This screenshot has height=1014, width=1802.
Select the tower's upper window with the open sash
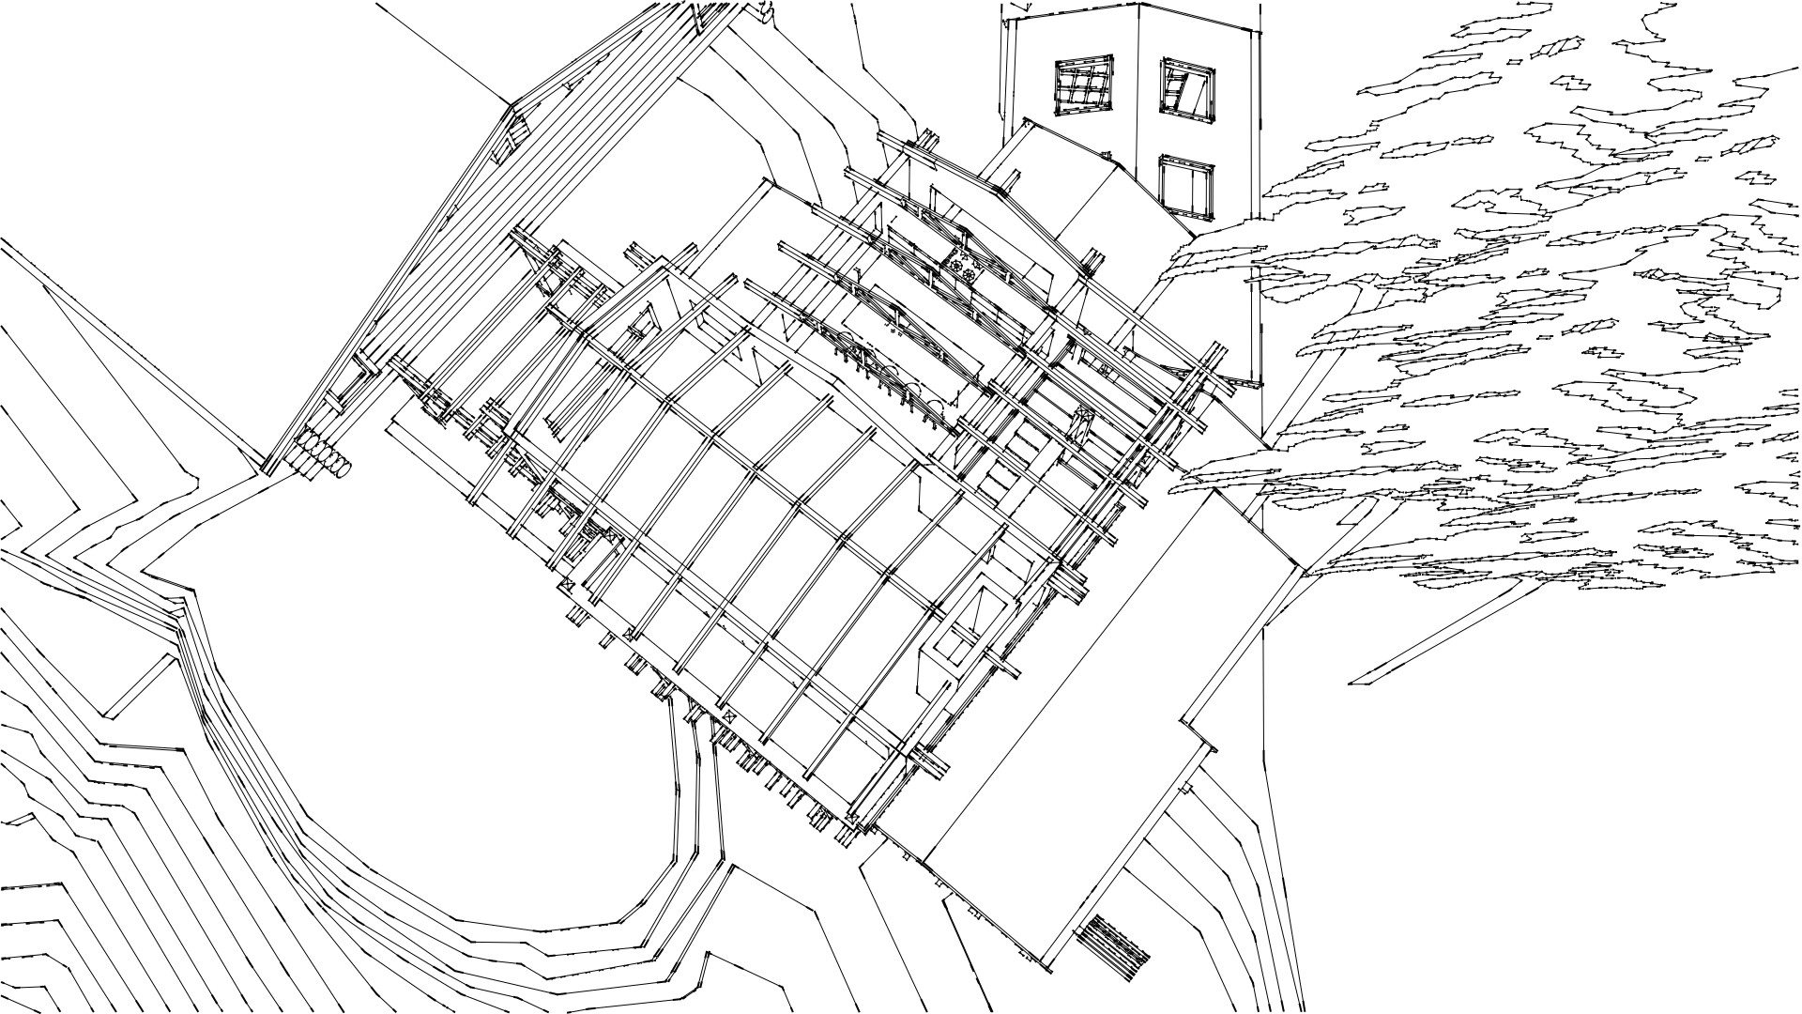(x=1187, y=91)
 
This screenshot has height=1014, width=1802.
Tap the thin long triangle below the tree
(x=1436, y=638)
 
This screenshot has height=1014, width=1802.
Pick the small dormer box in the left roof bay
(x=642, y=324)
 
